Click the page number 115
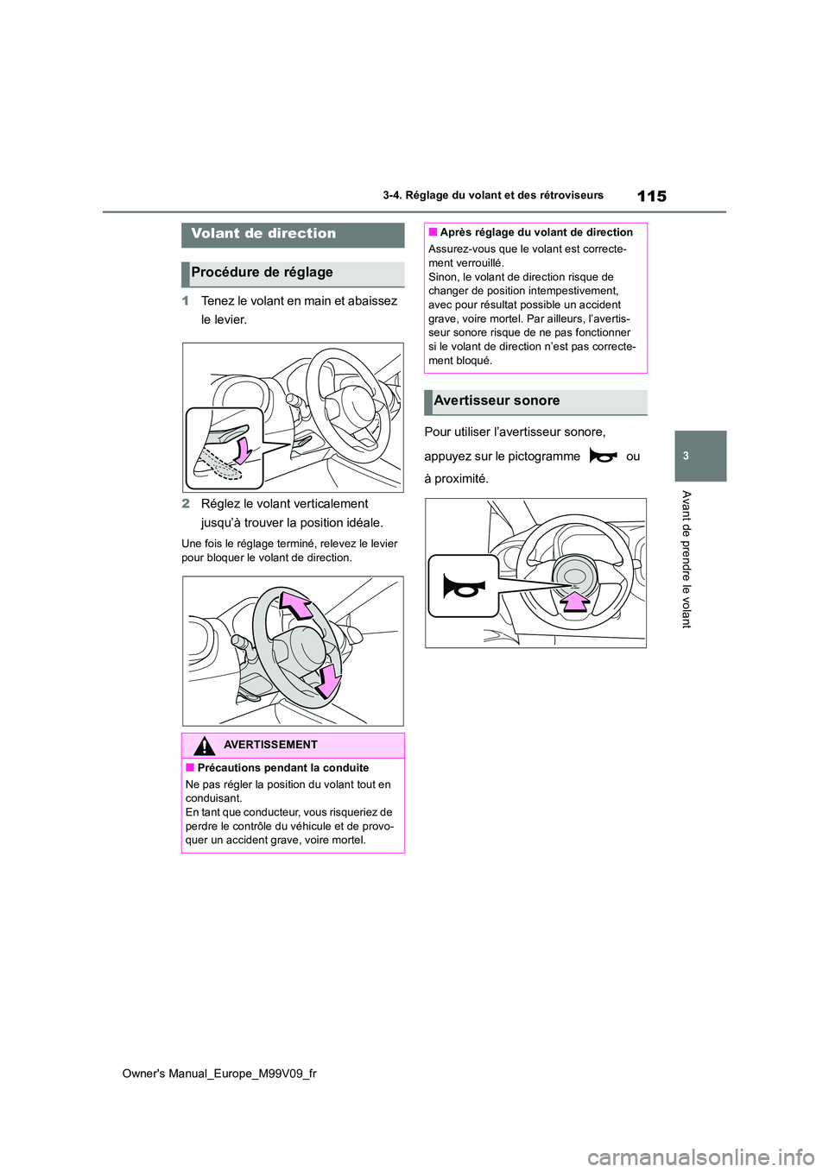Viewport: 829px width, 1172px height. pyautogui.click(x=651, y=196)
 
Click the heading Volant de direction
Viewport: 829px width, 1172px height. pyautogui.click(x=263, y=234)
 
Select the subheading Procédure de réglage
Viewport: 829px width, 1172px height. pyautogui.click(x=262, y=273)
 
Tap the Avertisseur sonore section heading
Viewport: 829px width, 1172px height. pyautogui.click(x=497, y=401)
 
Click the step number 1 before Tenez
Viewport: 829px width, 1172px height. pyautogui.click(x=186, y=301)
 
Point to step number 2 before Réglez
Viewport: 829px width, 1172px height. pyautogui.click(x=186, y=504)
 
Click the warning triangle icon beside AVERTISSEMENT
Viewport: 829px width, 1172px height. pyautogui.click(x=203, y=746)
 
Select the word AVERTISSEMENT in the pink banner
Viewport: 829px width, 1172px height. pyautogui.click(x=270, y=745)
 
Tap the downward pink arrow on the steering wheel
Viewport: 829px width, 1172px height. pyautogui.click(x=329, y=680)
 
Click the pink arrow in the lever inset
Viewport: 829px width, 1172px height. pyautogui.click(x=244, y=449)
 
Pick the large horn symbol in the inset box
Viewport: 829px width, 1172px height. pyautogui.click(x=464, y=587)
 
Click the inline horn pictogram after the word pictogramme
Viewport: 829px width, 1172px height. pyautogui.click(x=603, y=457)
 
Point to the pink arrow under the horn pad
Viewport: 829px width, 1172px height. pyautogui.click(x=574, y=601)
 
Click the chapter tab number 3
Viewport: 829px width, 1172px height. pyautogui.click(x=686, y=456)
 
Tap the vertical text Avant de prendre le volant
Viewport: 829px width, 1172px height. pyautogui.click(x=687, y=558)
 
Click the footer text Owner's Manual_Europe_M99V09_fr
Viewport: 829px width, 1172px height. pyautogui.click(x=219, y=1074)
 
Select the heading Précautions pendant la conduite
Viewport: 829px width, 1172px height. pyautogui.click(x=282, y=768)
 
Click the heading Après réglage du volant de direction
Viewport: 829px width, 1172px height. pyautogui.click(x=535, y=233)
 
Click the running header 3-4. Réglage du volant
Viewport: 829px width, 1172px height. pyautogui.click(x=493, y=196)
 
